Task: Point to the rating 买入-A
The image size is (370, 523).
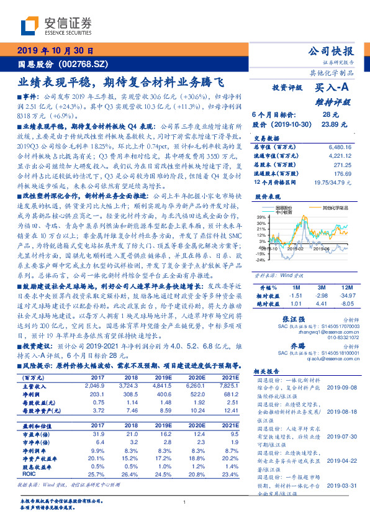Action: tap(332, 89)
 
